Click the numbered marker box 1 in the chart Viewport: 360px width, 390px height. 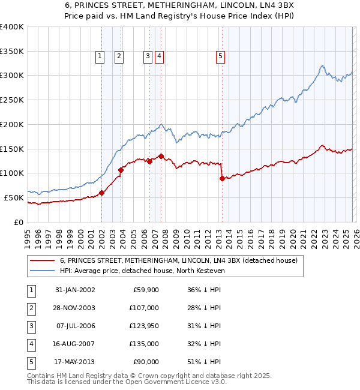pos(100,56)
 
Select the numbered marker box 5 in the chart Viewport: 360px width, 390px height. pos(221,56)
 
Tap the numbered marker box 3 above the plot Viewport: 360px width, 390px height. pos(147,56)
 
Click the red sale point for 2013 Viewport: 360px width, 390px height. pos(222,178)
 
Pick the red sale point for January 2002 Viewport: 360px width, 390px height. pos(102,193)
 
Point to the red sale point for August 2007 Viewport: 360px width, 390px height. pos(161,156)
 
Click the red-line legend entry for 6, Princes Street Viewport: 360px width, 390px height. pos(174,260)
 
